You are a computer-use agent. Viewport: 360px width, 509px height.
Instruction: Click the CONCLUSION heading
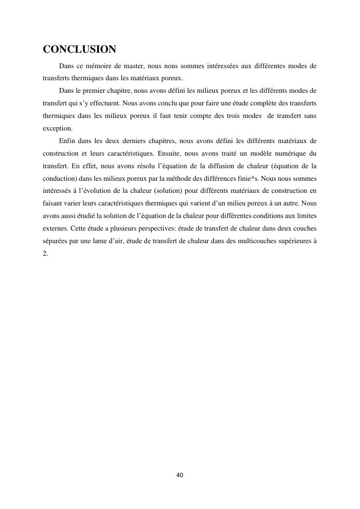click(79, 49)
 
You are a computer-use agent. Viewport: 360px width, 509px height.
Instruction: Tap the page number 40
click(180, 475)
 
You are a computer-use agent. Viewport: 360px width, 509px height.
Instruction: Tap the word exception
click(58, 128)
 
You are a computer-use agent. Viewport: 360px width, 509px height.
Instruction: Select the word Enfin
click(67, 141)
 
